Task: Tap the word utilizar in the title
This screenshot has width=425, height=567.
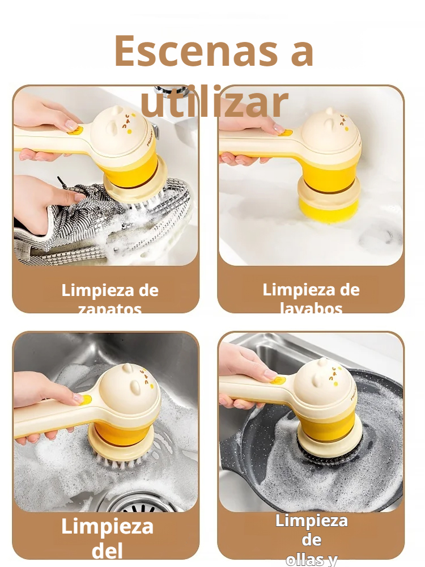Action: click(x=214, y=103)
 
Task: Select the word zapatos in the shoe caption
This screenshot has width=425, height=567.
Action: click(x=110, y=309)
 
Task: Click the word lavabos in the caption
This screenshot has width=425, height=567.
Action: click(x=311, y=308)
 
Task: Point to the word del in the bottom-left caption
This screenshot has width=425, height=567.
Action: click(x=107, y=550)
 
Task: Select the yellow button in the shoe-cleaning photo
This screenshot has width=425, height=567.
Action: click(x=74, y=130)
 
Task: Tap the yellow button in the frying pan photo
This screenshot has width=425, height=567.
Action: click(x=278, y=379)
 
